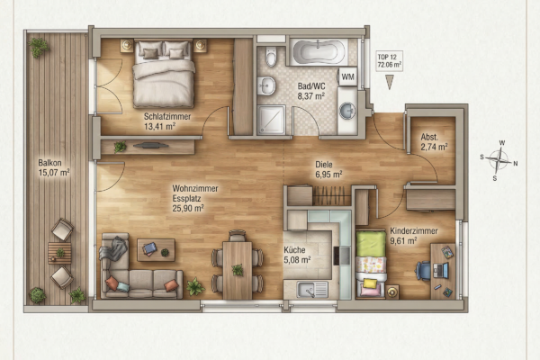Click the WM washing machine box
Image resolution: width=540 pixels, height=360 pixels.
pos(347,76)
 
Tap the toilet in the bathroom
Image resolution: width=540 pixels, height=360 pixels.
pos(272,56)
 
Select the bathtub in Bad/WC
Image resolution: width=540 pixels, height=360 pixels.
pos(319,52)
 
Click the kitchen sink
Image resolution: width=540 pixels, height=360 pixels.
pos(312,290)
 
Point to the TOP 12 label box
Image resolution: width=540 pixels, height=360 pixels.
pos(390,61)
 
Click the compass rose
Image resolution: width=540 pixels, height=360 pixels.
pos(499,160)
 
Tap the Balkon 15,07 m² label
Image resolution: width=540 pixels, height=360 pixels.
pos(54,167)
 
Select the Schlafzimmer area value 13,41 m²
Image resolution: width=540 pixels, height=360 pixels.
pos(160,126)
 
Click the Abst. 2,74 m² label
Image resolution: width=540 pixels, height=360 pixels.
pos(434,142)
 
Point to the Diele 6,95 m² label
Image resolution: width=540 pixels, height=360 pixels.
pos(328,169)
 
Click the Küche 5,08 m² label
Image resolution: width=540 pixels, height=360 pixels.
pos(297,255)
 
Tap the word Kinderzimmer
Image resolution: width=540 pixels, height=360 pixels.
pos(414,230)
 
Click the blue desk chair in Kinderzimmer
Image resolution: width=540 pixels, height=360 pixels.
pos(423,270)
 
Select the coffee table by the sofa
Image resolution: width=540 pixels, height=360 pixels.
pos(156,250)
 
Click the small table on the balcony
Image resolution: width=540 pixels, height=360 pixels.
pos(59,253)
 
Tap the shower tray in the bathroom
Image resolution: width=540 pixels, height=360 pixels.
pos(272,120)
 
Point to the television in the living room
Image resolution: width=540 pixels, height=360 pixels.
pos(151,146)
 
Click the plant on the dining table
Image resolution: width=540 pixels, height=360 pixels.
pos(238,270)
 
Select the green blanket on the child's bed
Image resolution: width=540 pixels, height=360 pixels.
pos(371,244)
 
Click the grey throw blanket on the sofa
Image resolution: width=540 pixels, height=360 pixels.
pos(113,248)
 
